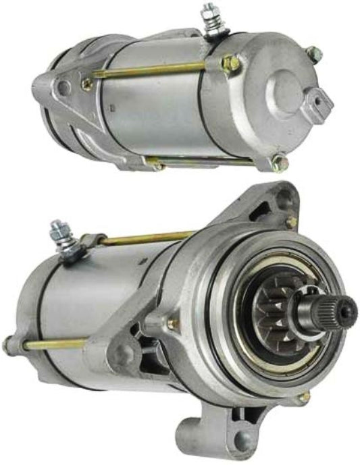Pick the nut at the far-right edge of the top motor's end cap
[313, 53]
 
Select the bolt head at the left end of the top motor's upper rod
[87, 84]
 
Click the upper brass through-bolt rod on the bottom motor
[149, 238]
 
